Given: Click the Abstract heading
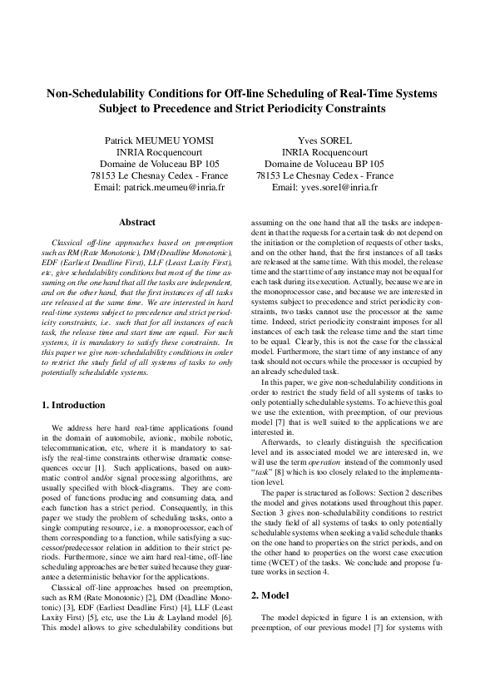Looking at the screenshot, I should (x=137, y=223).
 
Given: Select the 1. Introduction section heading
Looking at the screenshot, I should (x=73, y=405).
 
